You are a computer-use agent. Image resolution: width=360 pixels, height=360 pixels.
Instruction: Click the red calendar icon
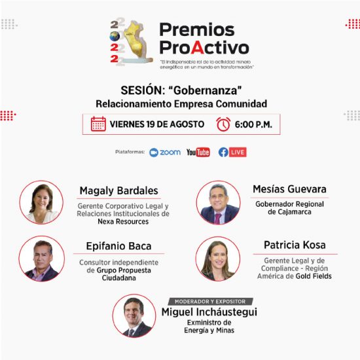[x=98, y=124]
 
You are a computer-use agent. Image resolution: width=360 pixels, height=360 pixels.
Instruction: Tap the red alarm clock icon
[x=223, y=124]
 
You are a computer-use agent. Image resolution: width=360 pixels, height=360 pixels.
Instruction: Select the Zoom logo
[x=165, y=153]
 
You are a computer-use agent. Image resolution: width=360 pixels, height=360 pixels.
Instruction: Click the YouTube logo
[x=198, y=153]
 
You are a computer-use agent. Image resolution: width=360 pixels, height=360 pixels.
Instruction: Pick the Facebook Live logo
[x=232, y=153]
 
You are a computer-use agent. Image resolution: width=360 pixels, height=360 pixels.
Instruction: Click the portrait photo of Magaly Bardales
[x=41, y=202]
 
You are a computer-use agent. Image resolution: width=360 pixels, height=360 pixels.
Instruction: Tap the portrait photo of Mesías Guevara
[x=219, y=202]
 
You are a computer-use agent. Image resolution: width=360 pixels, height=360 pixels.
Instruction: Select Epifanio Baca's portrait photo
[x=41, y=259]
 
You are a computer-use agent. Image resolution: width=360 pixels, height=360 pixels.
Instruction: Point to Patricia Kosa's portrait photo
[x=218, y=259]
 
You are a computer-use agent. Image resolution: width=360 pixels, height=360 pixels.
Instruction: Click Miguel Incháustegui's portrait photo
[x=134, y=316]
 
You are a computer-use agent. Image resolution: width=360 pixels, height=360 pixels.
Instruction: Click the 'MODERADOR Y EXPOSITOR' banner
[x=210, y=302]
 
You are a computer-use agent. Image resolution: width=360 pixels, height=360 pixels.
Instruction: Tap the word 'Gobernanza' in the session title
[x=206, y=90]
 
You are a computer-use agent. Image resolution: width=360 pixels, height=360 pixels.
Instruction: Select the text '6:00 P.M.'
[x=253, y=124]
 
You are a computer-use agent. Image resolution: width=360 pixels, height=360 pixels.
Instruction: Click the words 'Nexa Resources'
[x=123, y=221]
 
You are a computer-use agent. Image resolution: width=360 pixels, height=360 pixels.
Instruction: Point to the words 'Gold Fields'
[x=314, y=276]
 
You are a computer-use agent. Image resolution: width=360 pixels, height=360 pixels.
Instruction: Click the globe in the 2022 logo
[x=115, y=36]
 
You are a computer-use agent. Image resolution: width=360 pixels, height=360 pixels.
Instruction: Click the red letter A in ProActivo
[x=198, y=48]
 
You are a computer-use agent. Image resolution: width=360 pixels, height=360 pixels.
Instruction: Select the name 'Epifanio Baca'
[x=118, y=246]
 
